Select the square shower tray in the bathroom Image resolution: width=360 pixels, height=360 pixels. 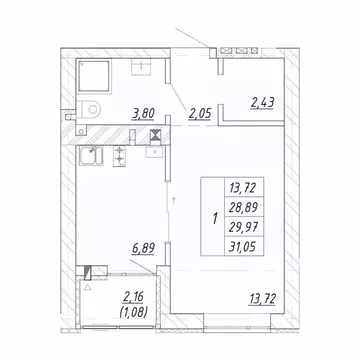click(x=100, y=75)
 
